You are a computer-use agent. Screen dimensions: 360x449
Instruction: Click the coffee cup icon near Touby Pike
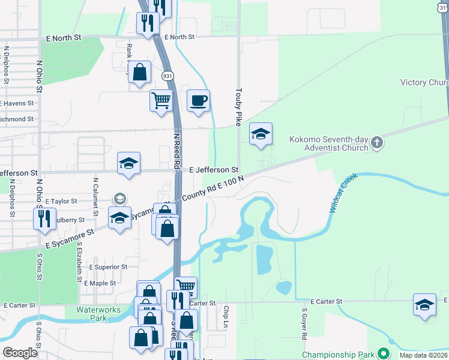[198, 100]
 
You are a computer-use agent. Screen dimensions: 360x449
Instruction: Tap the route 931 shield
[167, 76]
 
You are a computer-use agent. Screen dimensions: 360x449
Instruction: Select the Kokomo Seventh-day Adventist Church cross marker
[376, 142]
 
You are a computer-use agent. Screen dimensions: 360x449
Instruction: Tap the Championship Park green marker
[383, 355]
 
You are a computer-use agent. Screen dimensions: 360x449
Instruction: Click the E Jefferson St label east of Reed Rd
[214, 170]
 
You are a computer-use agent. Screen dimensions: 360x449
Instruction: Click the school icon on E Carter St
[424, 304]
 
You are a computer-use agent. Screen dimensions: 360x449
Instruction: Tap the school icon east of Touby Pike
[261, 134]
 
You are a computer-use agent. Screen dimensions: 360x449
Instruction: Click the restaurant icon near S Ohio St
[45, 218]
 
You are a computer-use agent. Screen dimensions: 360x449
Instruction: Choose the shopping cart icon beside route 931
[161, 100]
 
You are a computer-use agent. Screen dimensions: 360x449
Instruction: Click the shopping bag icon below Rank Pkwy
[139, 73]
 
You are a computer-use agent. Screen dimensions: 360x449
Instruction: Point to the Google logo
[20, 353]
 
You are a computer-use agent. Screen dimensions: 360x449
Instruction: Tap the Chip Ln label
[226, 317]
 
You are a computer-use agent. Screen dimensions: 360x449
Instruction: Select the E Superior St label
[108, 267]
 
